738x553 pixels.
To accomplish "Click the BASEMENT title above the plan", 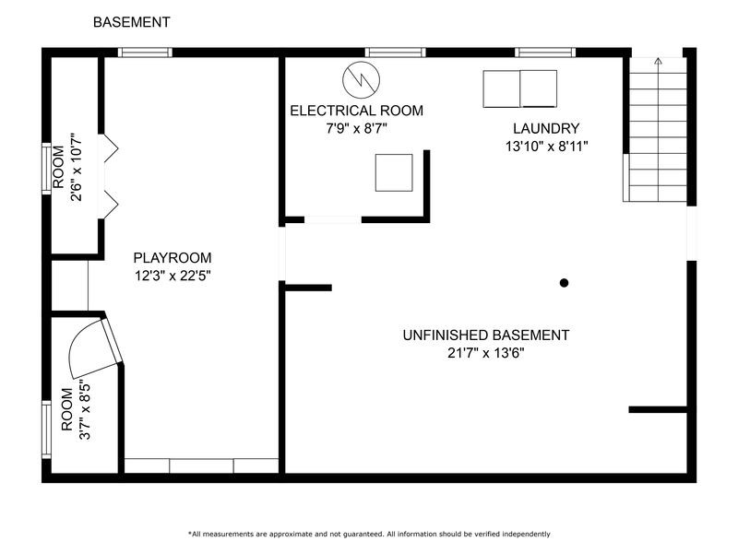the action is coord(131,22).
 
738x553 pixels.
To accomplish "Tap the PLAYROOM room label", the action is coord(173,258).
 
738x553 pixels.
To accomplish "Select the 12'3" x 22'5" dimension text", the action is coord(173,276).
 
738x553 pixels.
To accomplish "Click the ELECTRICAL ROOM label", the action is coord(356,111).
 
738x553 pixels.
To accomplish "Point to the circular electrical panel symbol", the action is coord(361,79).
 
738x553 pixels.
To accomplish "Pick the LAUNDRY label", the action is coord(546,128).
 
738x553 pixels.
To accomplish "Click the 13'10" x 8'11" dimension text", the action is coord(547,147).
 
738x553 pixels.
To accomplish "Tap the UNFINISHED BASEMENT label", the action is coord(486,335).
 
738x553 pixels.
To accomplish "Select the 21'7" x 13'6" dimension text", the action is coord(486,353).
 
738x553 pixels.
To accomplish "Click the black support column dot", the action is coord(564,283).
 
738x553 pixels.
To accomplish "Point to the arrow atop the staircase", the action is coord(658,61).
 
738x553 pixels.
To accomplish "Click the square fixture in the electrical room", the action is coord(394,172).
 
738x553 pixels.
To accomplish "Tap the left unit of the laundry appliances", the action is coord(501,88).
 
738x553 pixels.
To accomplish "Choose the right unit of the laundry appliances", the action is coord(539,88).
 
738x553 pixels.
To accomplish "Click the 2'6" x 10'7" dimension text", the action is coord(76,168).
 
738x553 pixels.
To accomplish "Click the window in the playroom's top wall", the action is coord(145,53).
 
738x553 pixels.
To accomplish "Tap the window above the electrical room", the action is coord(396,53).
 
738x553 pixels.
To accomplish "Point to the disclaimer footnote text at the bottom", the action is coord(369,534).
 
